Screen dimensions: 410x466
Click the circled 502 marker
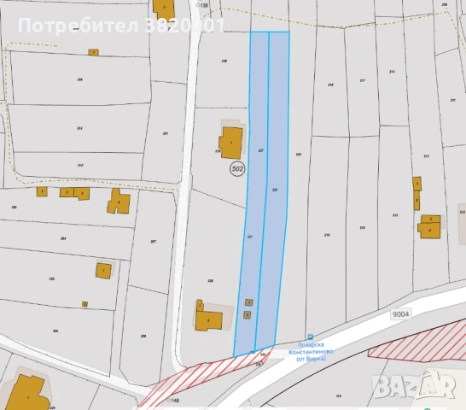[x=237, y=169]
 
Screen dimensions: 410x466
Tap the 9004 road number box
[x=403, y=314]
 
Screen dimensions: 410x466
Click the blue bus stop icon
[x=310, y=337]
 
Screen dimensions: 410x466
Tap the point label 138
[x=203, y=5]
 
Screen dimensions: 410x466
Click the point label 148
[x=175, y=400]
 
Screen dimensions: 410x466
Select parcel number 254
[x=79, y=79]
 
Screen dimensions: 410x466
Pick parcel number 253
[x=79, y=128]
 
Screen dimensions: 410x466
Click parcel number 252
[x=79, y=165]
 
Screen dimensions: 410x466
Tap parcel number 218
[x=329, y=85]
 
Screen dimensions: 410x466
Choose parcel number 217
[x=362, y=81]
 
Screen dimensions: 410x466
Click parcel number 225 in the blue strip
[x=275, y=189]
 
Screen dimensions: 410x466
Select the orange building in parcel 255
[x=103, y=271]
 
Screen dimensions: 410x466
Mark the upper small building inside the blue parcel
[x=248, y=302]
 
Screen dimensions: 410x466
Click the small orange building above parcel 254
[x=93, y=52]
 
